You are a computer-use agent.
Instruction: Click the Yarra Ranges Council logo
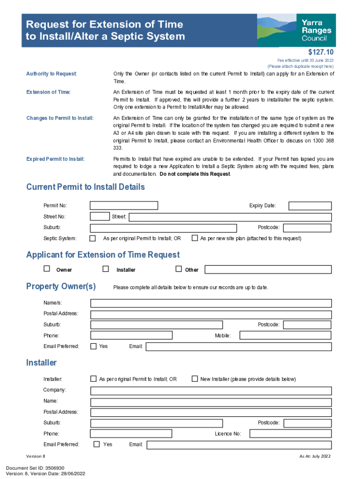tap(296, 30)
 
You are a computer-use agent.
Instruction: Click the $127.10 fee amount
tap(321, 52)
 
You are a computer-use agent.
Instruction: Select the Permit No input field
tap(124, 205)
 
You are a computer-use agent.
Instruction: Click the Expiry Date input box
tap(310, 206)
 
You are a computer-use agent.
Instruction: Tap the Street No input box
tap(100, 217)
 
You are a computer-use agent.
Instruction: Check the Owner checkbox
tap(47, 269)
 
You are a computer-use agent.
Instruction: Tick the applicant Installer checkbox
tap(106, 269)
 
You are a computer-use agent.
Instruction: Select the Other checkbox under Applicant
tap(178, 269)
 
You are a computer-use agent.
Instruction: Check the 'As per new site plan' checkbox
tap(195, 238)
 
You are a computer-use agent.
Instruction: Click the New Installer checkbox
tap(195, 378)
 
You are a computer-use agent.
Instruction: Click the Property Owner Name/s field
tap(211, 303)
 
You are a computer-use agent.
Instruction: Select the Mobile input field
tap(285, 335)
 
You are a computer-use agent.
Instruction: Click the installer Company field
tap(211, 390)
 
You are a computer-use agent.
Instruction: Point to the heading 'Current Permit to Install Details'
tap(86, 187)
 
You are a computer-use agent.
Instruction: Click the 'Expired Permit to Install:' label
tap(55, 159)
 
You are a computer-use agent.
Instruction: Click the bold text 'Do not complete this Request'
tap(195, 174)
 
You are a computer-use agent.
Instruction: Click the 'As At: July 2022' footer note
tap(315, 456)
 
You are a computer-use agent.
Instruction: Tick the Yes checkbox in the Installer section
tap(97, 444)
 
